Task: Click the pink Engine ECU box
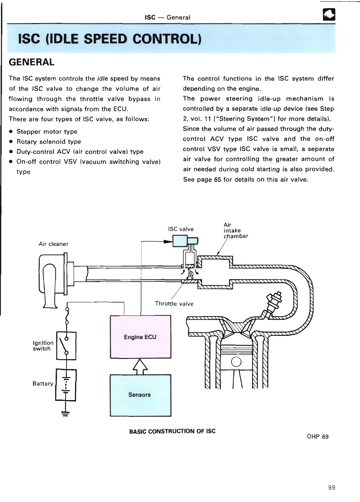pos(140,337)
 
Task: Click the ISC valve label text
pos(181,229)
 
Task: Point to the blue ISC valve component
pos(180,242)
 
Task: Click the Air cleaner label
pos(53,244)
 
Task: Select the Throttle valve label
pos(174,304)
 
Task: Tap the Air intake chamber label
pos(236,230)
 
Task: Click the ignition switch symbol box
pos(66,346)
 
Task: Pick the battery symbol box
pos(66,385)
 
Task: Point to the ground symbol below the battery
pos(66,413)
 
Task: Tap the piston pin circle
pos(236,361)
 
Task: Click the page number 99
pos(332,487)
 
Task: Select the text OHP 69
pos(318,437)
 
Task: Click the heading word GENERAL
pos(32,62)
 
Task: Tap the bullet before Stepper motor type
pos(11,132)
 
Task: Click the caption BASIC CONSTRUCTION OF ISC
pos(172,431)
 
